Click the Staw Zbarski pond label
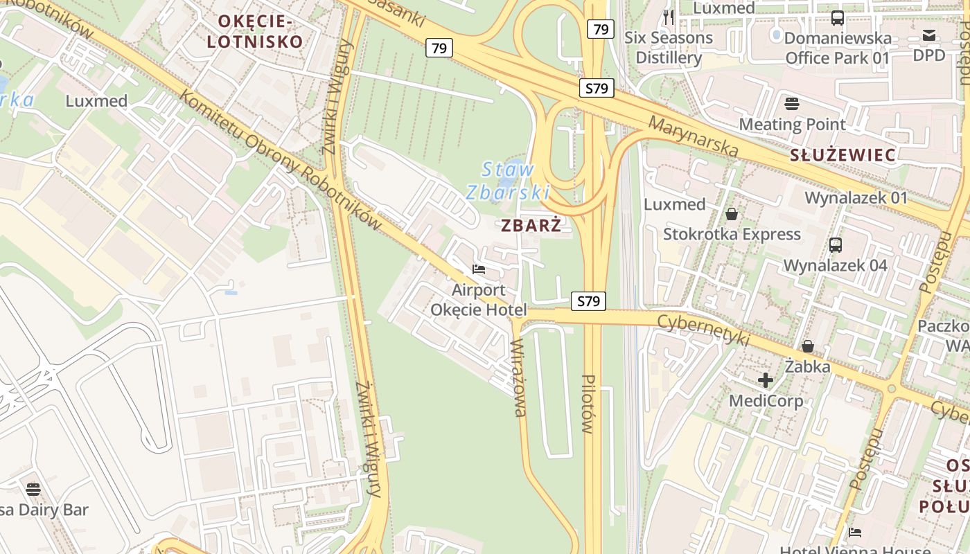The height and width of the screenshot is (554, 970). pyautogui.click(x=508, y=181)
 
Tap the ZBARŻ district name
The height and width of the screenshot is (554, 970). pyautogui.click(x=530, y=225)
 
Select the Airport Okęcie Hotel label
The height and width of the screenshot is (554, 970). pyautogui.click(x=479, y=300)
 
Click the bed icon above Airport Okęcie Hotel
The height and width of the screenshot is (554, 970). pyautogui.click(x=479, y=269)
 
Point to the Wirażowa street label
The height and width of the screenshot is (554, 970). pyautogui.click(x=518, y=377)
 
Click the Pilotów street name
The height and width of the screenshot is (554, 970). pyautogui.click(x=588, y=404)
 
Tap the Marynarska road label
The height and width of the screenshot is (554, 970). pyautogui.click(x=694, y=136)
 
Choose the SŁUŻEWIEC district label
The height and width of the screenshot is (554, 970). pyautogui.click(x=843, y=155)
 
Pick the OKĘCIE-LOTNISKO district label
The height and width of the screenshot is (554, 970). pyautogui.click(x=255, y=31)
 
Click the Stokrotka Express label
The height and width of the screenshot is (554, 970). pyautogui.click(x=732, y=234)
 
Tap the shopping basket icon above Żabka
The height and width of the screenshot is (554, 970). pyautogui.click(x=807, y=346)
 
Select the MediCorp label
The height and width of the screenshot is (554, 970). pyautogui.click(x=766, y=400)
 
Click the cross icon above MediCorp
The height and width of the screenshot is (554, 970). pyautogui.click(x=766, y=379)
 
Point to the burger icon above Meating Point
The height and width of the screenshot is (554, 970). pyautogui.click(x=792, y=104)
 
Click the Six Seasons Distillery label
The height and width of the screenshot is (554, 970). pyautogui.click(x=669, y=47)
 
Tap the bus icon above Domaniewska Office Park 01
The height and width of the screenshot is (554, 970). pyautogui.click(x=837, y=18)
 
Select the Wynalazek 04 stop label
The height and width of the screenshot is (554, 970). pyautogui.click(x=835, y=265)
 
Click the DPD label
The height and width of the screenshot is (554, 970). pyautogui.click(x=928, y=54)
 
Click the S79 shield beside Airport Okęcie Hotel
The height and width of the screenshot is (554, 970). pyautogui.click(x=588, y=301)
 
